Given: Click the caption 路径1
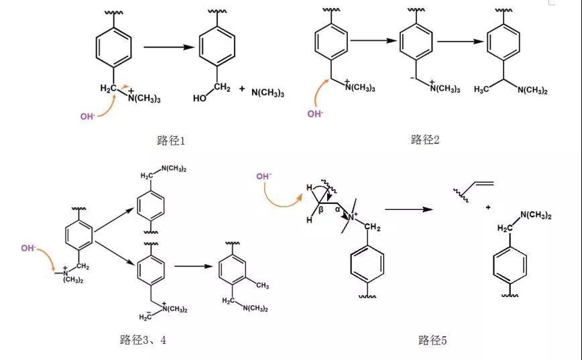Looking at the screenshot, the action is click(171, 141).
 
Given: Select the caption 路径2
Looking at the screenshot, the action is click(425, 139).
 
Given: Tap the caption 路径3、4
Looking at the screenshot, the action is click(143, 340).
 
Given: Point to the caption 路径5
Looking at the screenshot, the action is click(432, 340).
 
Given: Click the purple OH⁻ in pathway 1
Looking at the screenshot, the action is click(88, 116).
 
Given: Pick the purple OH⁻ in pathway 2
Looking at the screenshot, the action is click(315, 113).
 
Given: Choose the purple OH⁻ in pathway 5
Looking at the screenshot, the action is click(264, 176).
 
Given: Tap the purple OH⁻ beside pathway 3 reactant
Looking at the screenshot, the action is click(29, 248).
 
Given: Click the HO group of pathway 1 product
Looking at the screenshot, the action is click(200, 99).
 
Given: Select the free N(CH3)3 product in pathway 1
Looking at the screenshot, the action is click(268, 93).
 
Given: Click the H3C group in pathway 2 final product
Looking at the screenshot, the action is click(481, 89).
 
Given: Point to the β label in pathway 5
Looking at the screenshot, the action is click(321, 210).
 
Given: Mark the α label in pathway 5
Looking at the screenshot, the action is click(337, 209).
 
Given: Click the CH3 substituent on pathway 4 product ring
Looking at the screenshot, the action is click(262, 286).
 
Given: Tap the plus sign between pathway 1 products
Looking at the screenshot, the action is click(242, 88).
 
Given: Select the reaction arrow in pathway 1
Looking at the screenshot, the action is click(169, 47).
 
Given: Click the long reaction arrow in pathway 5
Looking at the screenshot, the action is click(409, 209).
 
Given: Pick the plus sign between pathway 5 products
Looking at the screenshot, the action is click(488, 207).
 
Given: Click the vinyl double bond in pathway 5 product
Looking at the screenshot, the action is click(484, 183).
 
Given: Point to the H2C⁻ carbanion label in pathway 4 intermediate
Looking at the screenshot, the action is click(145, 316).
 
